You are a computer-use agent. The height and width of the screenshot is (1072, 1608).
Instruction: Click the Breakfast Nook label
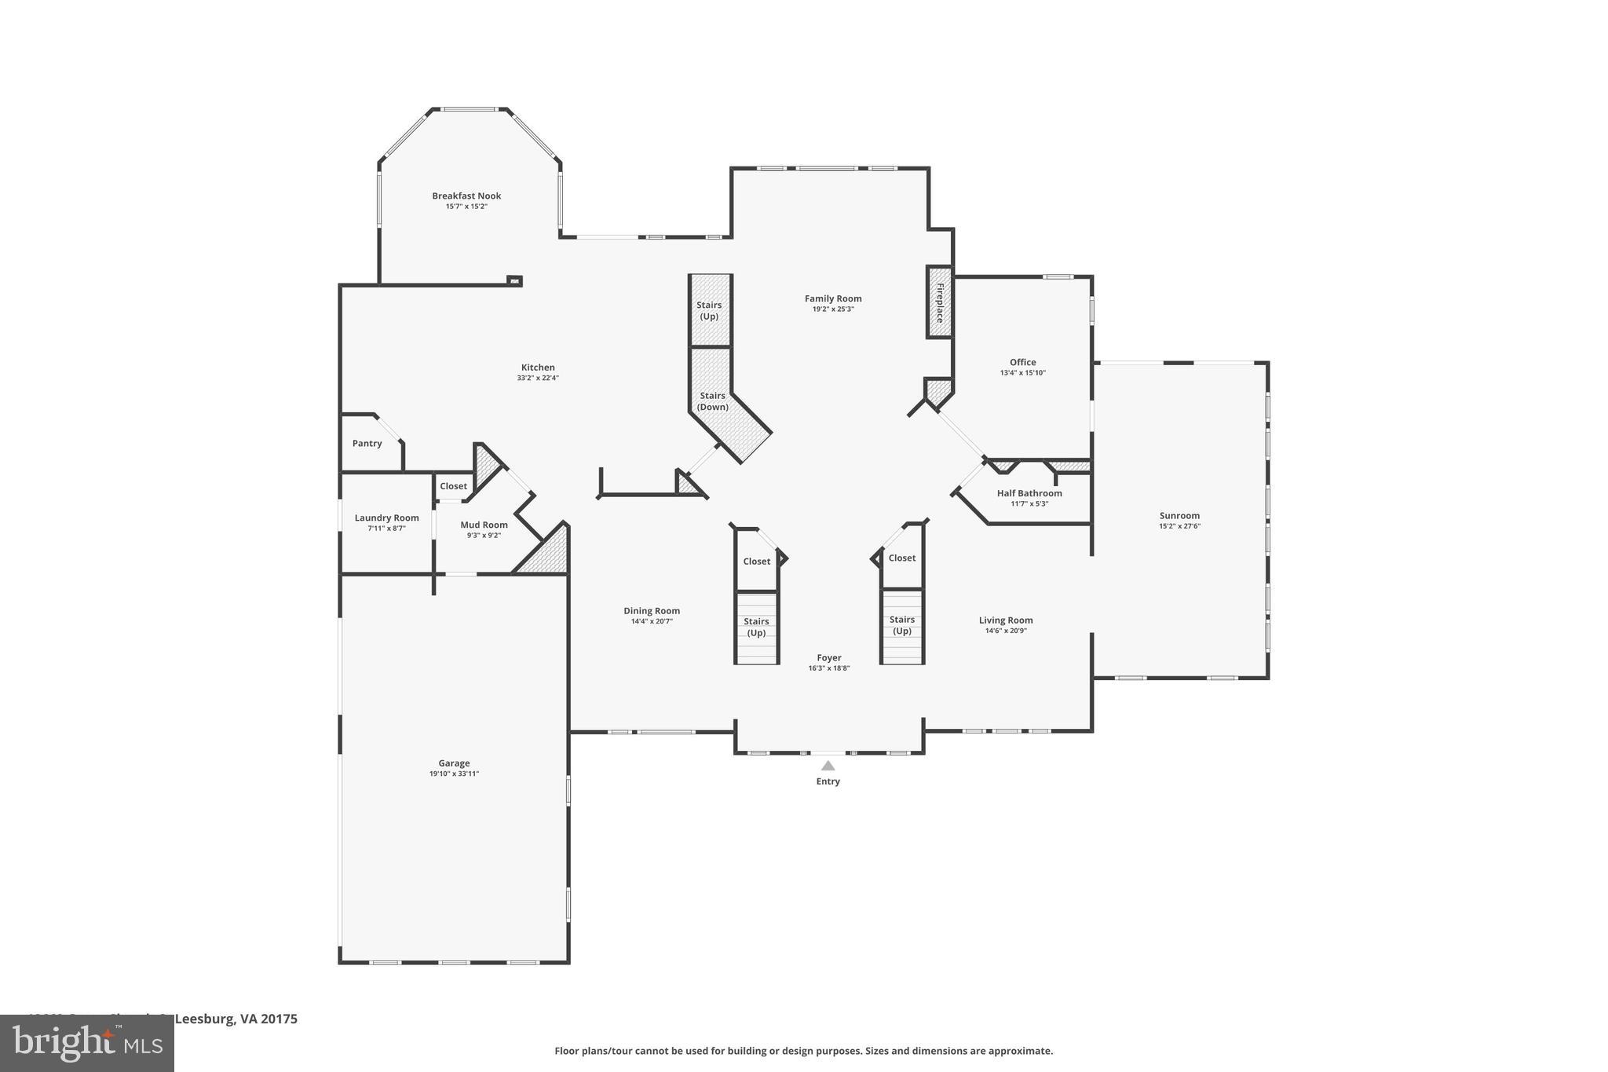466,196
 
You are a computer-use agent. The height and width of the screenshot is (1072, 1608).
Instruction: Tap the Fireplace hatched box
939,303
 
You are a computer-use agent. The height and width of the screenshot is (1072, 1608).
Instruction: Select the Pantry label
367,444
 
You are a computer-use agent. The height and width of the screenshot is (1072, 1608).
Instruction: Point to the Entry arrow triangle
828,766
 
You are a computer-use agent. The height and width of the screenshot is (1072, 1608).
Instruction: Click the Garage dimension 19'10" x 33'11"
454,774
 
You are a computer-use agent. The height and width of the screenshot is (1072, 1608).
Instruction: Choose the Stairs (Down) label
712,401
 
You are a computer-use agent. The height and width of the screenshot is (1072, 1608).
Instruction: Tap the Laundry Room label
386,518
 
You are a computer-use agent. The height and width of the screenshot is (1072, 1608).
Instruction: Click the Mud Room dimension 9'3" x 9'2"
484,536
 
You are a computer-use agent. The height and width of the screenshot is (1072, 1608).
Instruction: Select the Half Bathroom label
1029,493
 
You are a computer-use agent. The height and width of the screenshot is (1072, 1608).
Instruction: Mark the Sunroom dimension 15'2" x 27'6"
1179,526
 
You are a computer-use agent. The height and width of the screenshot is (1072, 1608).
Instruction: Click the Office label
1022,363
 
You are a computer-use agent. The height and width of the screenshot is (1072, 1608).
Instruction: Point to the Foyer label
829,658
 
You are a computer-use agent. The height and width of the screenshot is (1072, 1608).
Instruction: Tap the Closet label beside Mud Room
453,486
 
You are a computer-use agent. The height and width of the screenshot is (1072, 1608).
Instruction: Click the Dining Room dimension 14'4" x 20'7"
652,621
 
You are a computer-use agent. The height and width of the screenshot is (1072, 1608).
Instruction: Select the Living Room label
1006,620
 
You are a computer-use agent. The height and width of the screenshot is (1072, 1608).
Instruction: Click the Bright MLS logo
86,1043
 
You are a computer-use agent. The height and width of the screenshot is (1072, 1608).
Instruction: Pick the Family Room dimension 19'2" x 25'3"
833,309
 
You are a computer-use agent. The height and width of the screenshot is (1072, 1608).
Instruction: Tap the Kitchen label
538,368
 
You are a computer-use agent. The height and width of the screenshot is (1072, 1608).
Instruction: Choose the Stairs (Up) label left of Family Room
709,311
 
